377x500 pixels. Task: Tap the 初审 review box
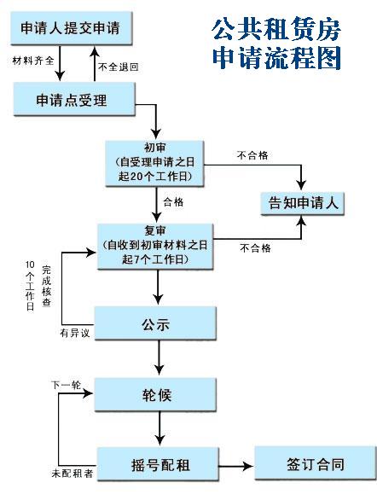(x=155, y=161)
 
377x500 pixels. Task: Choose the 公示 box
(x=155, y=324)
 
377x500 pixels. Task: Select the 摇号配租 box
(x=154, y=465)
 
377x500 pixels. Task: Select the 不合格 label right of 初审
(x=252, y=156)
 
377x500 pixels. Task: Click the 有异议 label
(x=75, y=332)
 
